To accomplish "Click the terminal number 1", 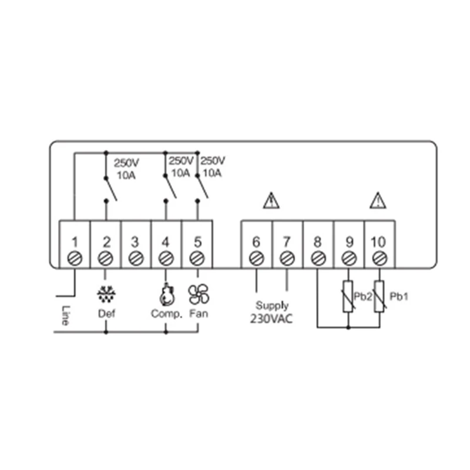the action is point(75,241).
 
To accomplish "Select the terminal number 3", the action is point(136,241).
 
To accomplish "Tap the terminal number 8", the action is point(317,241).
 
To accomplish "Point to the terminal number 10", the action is point(379,241).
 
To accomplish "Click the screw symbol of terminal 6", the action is point(256,258).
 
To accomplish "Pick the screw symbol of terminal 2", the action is point(106,258).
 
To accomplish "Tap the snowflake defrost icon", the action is point(106,293).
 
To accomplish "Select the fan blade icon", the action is point(197,293).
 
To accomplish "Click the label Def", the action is point(106,313).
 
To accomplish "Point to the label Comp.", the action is point(166,313).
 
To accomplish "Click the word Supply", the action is point(271,305).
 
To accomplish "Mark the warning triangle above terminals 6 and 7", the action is point(271,202).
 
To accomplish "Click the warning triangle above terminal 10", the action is point(378,202).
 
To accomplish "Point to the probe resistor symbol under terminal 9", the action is point(348,296).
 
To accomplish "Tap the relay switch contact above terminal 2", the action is point(110,188).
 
